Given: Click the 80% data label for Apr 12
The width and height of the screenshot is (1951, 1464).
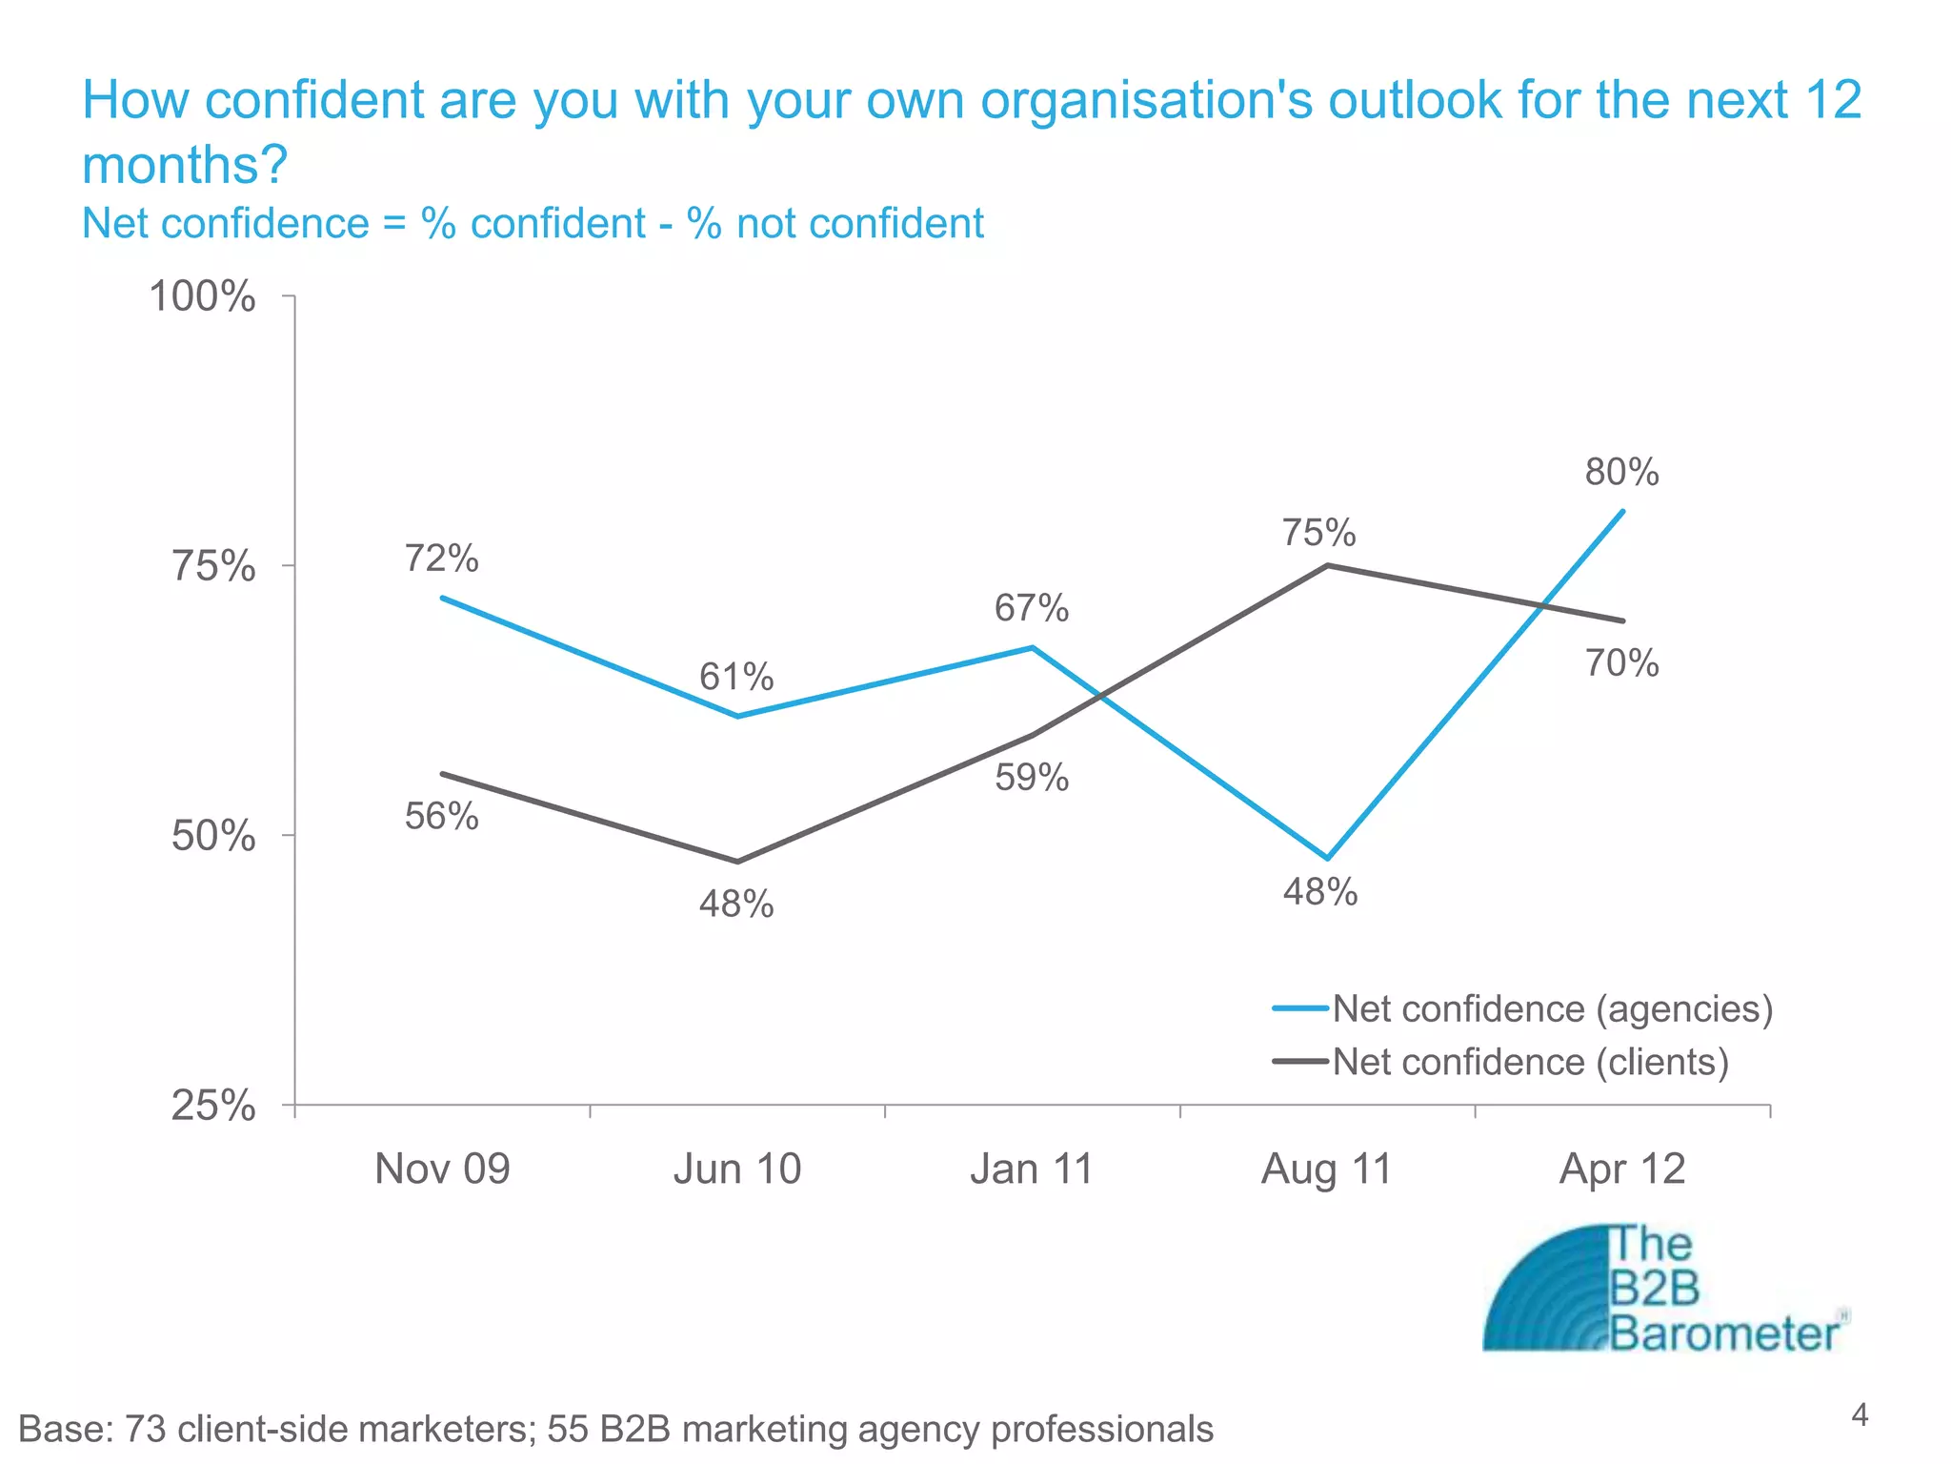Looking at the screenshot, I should pos(1621,473).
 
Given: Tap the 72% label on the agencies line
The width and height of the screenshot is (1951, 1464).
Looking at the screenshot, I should pos(441,559).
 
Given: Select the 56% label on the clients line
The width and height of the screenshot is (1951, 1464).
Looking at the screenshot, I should pos(441,817).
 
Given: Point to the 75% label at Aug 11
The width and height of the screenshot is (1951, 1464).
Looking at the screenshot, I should pos(1318,533).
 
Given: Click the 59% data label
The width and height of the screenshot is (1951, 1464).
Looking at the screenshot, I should pos(1032,778).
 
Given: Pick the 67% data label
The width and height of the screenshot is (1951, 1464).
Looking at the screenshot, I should pos(1032,608).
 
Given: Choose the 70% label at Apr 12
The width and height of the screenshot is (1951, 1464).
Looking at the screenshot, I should pos(1621,663).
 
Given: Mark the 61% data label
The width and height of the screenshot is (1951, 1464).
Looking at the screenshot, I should pos(736,678).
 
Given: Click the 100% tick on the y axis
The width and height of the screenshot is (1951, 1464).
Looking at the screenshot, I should pos(203,297).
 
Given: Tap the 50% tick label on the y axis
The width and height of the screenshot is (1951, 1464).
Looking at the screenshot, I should pos(213,837).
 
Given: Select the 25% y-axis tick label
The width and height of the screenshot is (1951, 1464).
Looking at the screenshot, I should pos(213,1107).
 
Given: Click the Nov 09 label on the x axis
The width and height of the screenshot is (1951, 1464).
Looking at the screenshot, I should pos(442,1169).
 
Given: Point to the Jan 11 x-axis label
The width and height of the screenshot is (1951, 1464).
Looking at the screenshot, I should pos(1032,1169).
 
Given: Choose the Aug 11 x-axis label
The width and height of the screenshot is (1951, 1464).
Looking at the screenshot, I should pos(1326,1169).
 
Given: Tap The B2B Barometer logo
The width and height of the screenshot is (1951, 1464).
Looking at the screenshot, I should pos(1662,1289).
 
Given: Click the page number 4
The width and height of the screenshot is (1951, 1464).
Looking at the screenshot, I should pos(1859,1414).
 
